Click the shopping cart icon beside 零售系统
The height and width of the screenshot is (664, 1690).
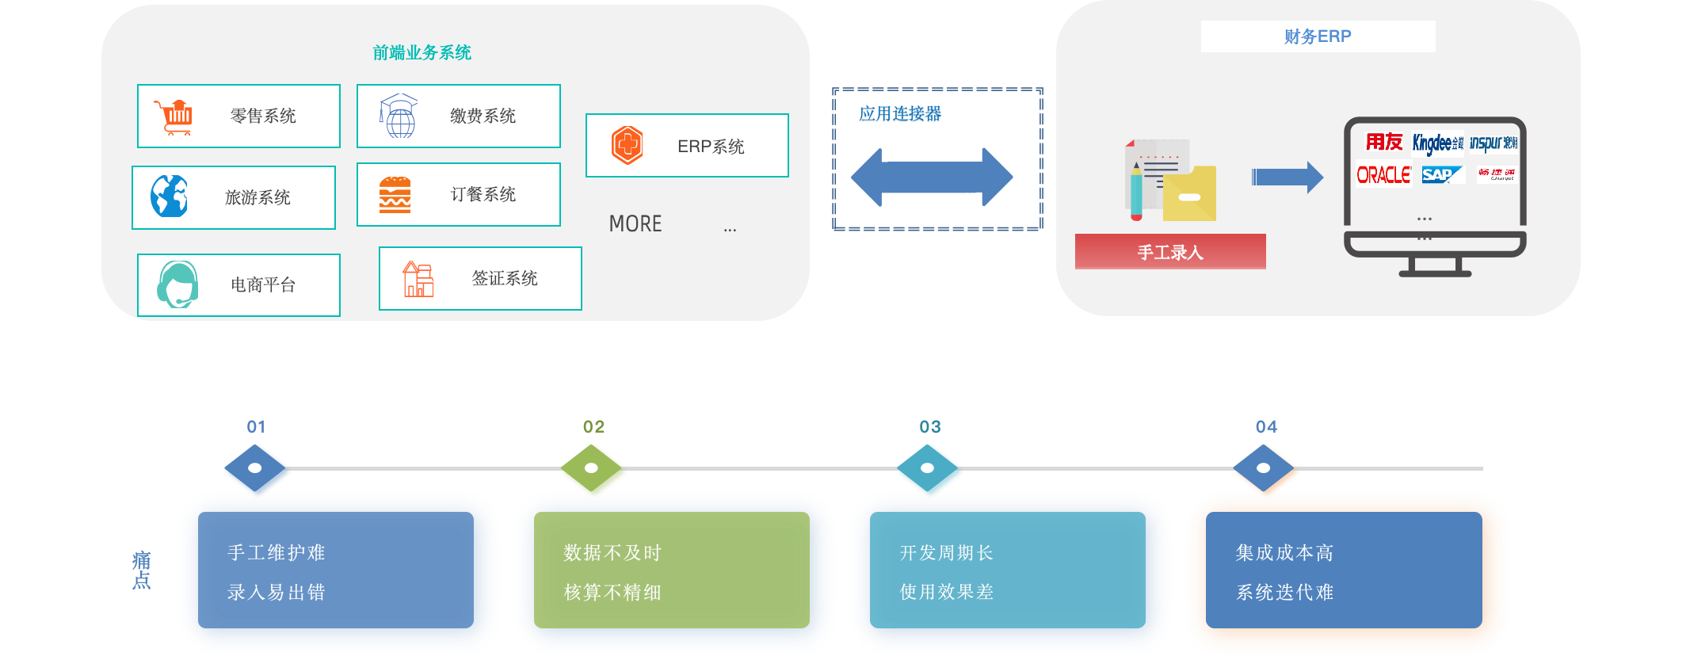pos(174,117)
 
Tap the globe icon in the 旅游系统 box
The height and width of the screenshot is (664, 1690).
pos(170,197)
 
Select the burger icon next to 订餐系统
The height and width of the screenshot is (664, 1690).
pos(395,195)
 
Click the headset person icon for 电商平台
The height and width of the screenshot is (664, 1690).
pos(177,284)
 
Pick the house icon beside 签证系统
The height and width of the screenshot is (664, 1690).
pos(418,279)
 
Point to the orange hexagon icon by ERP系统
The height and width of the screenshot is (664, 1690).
pos(627,145)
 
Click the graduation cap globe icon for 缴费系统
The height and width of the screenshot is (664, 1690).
pos(399,116)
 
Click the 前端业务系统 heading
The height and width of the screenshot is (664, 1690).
pos(422,53)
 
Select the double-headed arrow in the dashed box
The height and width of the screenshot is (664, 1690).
pos(932,177)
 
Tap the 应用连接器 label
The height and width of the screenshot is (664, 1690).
pos(900,115)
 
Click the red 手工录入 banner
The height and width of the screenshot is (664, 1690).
pos(1169,252)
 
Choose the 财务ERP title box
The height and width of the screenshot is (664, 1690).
pos(1317,36)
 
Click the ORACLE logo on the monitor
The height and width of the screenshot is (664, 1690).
pos(1383,174)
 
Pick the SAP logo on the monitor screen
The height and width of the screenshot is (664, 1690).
pos(1439,174)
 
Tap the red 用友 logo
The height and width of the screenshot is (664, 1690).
pos(1383,142)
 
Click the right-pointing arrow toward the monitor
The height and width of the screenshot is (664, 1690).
pos(1287,177)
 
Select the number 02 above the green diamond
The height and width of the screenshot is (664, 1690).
pos(593,427)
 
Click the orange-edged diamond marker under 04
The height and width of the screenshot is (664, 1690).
pos(1265,469)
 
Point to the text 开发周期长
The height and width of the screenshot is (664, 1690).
pos(946,553)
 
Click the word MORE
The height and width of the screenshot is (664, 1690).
pos(635,224)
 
